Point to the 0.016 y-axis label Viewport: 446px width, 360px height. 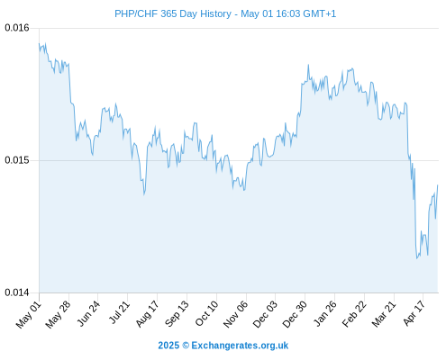[x=17, y=28]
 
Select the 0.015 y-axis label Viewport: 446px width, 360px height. [x=17, y=160]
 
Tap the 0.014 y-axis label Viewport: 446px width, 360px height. [x=17, y=292]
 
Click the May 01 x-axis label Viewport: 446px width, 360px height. [x=29, y=315]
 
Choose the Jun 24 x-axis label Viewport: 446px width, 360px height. [x=88, y=314]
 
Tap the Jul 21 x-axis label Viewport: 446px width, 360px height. [x=119, y=313]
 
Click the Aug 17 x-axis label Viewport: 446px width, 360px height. [x=147, y=314]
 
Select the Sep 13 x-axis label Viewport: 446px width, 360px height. [x=177, y=314]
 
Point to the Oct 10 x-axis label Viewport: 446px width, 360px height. [x=206, y=314]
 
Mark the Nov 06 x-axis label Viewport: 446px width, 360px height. [x=236, y=315]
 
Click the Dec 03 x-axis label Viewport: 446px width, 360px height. [x=265, y=315]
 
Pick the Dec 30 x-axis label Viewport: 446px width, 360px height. [x=295, y=315]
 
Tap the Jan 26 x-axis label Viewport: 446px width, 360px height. [x=324, y=314]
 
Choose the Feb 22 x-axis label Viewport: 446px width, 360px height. [x=354, y=314]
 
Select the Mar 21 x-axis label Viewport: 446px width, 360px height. [x=384, y=314]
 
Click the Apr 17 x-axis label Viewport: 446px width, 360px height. [x=414, y=314]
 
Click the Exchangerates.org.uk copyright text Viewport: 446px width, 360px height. [x=223, y=346]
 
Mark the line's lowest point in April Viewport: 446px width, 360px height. [x=417, y=258]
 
